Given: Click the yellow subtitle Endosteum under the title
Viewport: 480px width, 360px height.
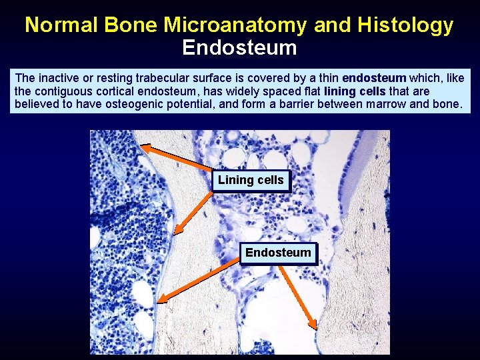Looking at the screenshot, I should click(x=239, y=48).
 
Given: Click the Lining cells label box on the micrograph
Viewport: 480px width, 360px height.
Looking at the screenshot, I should click(x=251, y=180).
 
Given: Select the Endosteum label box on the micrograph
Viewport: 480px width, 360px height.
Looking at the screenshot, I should click(x=278, y=253).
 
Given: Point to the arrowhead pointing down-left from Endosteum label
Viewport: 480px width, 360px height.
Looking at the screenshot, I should click(x=163, y=299).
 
